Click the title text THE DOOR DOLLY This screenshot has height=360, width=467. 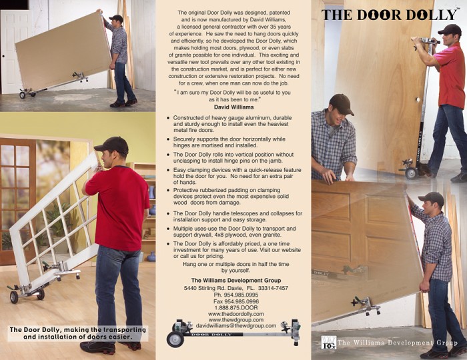pos(389,15)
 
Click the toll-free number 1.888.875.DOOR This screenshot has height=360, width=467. pos(236,307)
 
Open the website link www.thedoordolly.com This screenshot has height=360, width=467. pos(236,314)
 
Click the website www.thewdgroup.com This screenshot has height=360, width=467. pos(236,320)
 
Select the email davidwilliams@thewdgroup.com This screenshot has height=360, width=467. pos(236,326)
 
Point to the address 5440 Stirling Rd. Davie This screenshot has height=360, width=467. pos(214,288)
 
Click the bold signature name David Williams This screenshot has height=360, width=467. pos(233,107)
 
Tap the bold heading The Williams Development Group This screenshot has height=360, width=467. pos(236,280)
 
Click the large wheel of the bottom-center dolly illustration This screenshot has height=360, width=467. pos(175,339)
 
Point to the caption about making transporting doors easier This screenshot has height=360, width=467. pos(78,333)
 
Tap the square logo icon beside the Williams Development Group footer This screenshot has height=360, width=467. pos(329,343)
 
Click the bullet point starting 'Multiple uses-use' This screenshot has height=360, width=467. pos(231,232)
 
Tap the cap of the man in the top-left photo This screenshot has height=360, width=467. pos(116,18)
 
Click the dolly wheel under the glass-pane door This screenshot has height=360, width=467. pos(14,297)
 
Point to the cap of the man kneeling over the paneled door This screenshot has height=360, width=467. pos(342,104)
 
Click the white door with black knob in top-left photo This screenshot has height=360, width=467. pos(15,51)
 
